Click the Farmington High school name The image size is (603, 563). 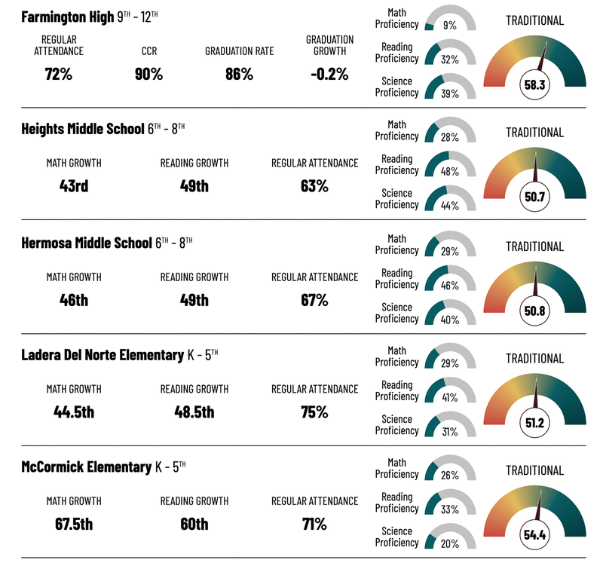point(68,17)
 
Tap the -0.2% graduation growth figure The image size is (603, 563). point(329,74)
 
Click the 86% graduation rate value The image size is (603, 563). point(239,74)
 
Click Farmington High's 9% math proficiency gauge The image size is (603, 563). point(450,21)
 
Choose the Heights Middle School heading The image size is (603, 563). point(83,129)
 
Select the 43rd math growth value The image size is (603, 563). point(74,185)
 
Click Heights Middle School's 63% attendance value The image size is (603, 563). point(314,185)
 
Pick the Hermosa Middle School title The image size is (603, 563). point(87,243)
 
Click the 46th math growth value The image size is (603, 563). point(74,299)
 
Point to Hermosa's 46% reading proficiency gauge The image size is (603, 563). point(450,280)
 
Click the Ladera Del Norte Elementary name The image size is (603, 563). point(103,355)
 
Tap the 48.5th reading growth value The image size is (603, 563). point(194,412)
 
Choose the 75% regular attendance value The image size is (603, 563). point(314,412)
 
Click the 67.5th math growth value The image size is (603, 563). point(74,524)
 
